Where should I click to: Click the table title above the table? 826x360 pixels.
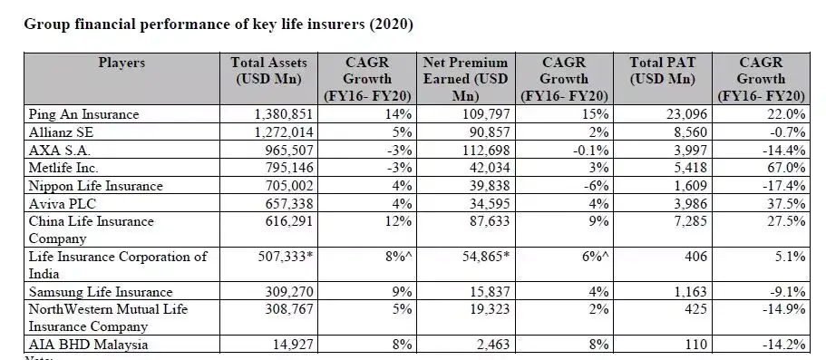pyautogui.click(x=218, y=24)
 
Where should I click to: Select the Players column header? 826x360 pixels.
pyautogui.click(x=121, y=63)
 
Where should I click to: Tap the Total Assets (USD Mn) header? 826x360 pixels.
pyautogui.click(x=270, y=71)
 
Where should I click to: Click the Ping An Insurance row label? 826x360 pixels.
pyautogui.click(x=83, y=115)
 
